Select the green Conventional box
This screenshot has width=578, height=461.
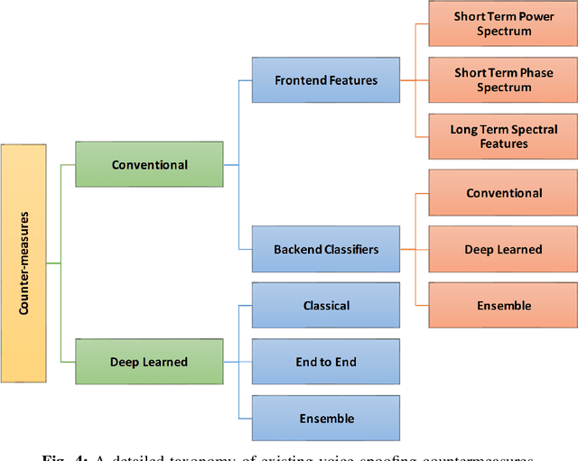(149, 165)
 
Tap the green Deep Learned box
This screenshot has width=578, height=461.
(149, 362)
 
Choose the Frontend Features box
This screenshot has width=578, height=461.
(326, 80)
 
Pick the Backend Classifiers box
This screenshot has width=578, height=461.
(326, 249)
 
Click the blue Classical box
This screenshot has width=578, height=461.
(326, 306)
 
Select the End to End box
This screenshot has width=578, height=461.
(326, 362)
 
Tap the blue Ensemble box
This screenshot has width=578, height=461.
(326, 419)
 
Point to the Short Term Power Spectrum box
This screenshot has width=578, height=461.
(503, 24)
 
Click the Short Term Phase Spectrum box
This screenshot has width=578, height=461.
(503, 80)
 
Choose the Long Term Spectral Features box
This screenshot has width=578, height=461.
(503, 136)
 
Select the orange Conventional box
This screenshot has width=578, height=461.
(503, 193)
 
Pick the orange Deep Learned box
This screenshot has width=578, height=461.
(503, 249)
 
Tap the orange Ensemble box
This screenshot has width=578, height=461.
(503, 306)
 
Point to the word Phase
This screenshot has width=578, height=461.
(536, 73)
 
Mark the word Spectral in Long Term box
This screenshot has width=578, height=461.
(530, 129)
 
